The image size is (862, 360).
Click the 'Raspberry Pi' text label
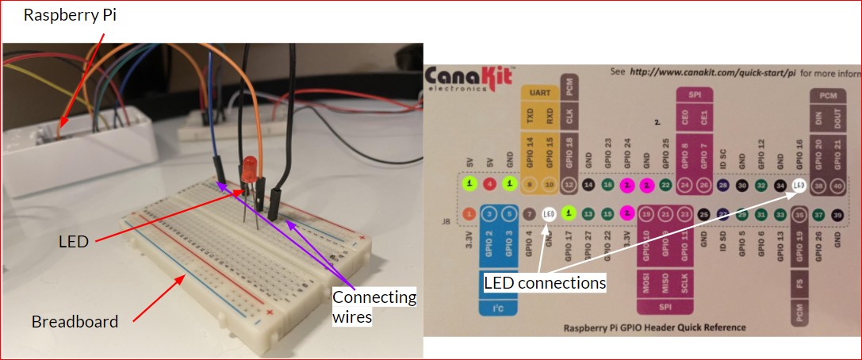tap(70, 14)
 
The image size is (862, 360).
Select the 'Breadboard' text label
tap(75, 322)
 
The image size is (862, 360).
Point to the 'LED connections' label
tap(545, 282)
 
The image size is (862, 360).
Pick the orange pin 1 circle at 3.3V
tap(469, 213)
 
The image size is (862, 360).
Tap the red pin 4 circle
tap(489, 185)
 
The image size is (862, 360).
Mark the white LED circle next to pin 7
tap(548, 213)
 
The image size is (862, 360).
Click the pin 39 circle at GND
tap(837, 213)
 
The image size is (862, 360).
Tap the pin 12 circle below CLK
tap(568, 185)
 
